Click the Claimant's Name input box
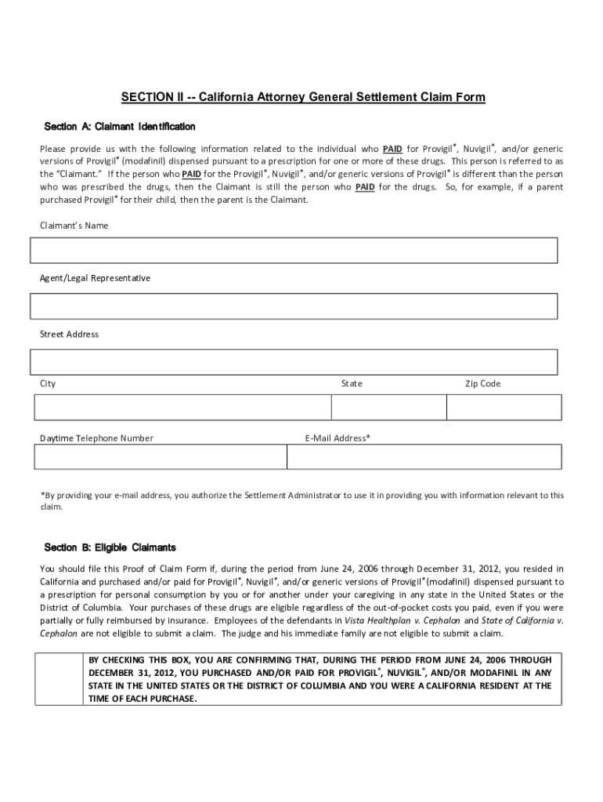tap(294, 251)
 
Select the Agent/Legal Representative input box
tap(294, 306)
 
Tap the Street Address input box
tap(294, 362)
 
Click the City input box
tap(182, 407)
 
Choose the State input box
tap(388, 407)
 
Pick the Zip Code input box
tap(504, 407)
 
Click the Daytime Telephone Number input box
tap(160, 457)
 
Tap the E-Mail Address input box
tap(424, 457)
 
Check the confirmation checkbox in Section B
tap(59, 678)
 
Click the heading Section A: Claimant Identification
tap(120, 127)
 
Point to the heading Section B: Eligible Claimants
tap(110, 547)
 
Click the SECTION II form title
tap(302, 97)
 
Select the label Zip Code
tap(482, 384)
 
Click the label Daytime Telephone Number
tap(96, 439)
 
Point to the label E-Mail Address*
tap(338, 439)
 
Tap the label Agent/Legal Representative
tap(95, 278)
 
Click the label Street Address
tap(69, 334)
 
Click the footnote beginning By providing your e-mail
tap(301, 500)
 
